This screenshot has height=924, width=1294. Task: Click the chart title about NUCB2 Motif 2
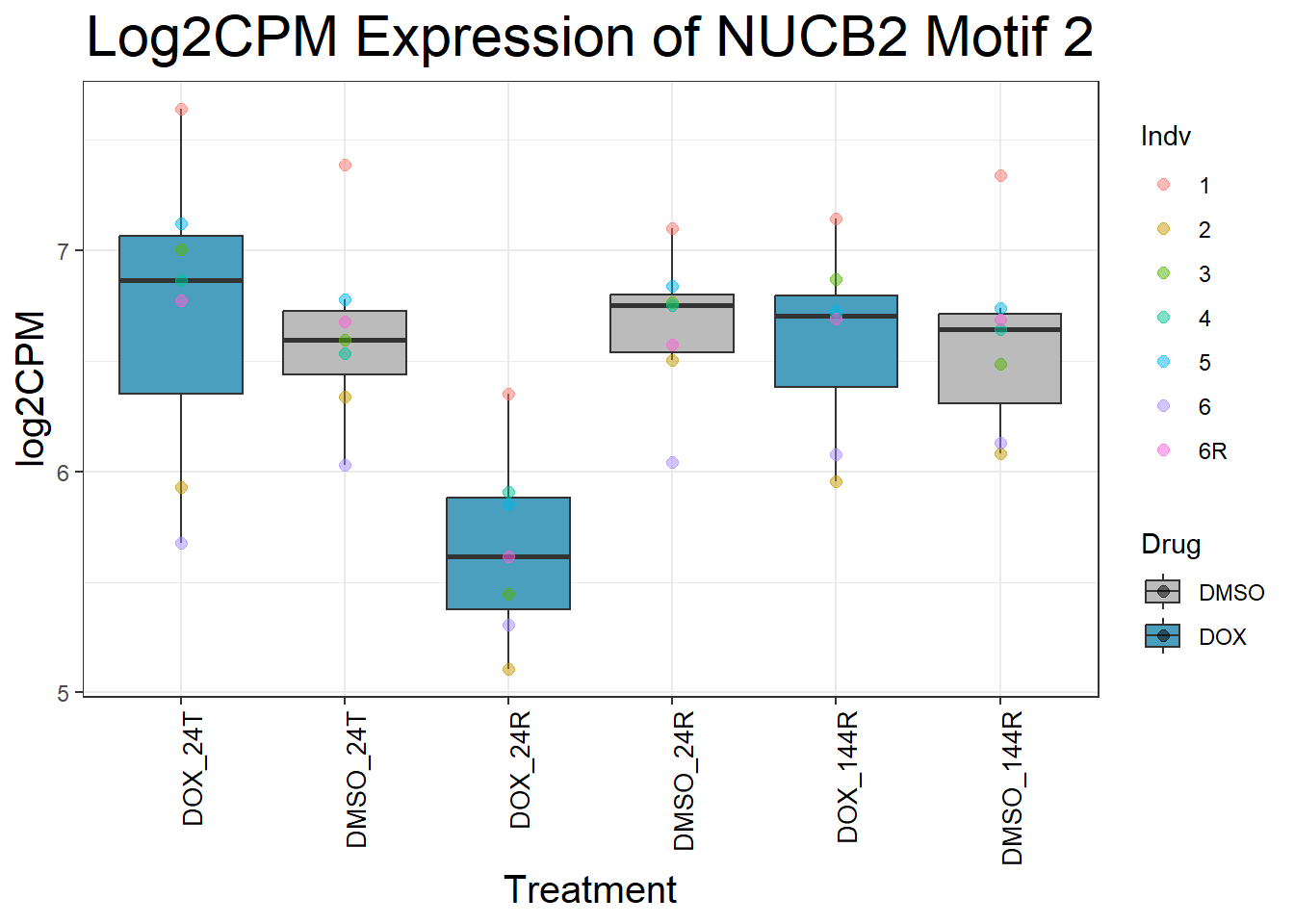pyautogui.click(x=589, y=38)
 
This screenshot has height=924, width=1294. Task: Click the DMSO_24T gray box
pyautogui.click(x=345, y=356)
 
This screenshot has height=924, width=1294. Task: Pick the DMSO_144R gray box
pyautogui.click(x=1000, y=371)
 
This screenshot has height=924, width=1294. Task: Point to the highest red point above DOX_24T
pyautogui.click(x=181, y=110)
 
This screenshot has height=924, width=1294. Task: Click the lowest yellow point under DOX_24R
pyautogui.click(x=508, y=669)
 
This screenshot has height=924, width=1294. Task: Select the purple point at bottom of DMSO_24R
pyautogui.click(x=672, y=462)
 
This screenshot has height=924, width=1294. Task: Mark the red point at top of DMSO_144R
pyautogui.click(x=1000, y=175)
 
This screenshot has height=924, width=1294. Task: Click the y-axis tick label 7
pyautogui.click(x=64, y=251)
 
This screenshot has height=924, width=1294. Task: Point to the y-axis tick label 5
pyautogui.click(x=64, y=693)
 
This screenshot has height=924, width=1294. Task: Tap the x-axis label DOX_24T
pyautogui.click(x=194, y=771)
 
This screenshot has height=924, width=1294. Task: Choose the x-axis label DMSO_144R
pyautogui.click(x=1012, y=788)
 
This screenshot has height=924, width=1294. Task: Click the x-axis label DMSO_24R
pyautogui.click(x=685, y=782)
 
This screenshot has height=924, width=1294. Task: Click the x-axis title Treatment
pyautogui.click(x=589, y=890)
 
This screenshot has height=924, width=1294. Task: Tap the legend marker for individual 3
pyautogui.click(x=1163, y=273)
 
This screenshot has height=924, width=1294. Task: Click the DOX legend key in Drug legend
pyautogui.click(x=1163, y=636)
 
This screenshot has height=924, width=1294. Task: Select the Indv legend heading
pyautogui.click(x=1165, y=137)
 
